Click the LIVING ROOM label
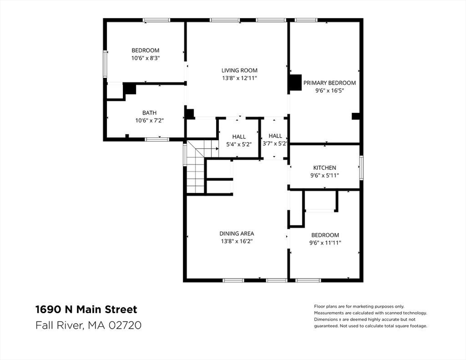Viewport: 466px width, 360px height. pos(239,70)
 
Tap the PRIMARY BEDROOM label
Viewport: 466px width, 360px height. pos(329,83)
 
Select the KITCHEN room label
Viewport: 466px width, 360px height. pos(324,167)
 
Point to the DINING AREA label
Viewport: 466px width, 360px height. pos(236,233)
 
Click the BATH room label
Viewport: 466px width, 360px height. pos(149,112)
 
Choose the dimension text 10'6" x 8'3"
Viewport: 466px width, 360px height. pos(145,58)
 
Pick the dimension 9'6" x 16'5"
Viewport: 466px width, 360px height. pos(329,91)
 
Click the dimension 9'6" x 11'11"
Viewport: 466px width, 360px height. pos(324,243)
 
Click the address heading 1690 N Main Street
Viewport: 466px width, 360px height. pos(86,309)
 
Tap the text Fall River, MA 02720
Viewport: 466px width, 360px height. pos(88,325)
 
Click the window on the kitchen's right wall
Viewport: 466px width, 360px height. pos(361,167)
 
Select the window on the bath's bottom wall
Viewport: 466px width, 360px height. pos(157,139)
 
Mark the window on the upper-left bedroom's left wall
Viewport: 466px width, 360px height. pos(105,66)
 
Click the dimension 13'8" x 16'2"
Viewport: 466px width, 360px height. pos(236,241)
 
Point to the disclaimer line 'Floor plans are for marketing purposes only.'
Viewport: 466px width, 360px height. pos(359,306)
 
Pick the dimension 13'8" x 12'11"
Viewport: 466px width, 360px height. pos(239,78)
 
